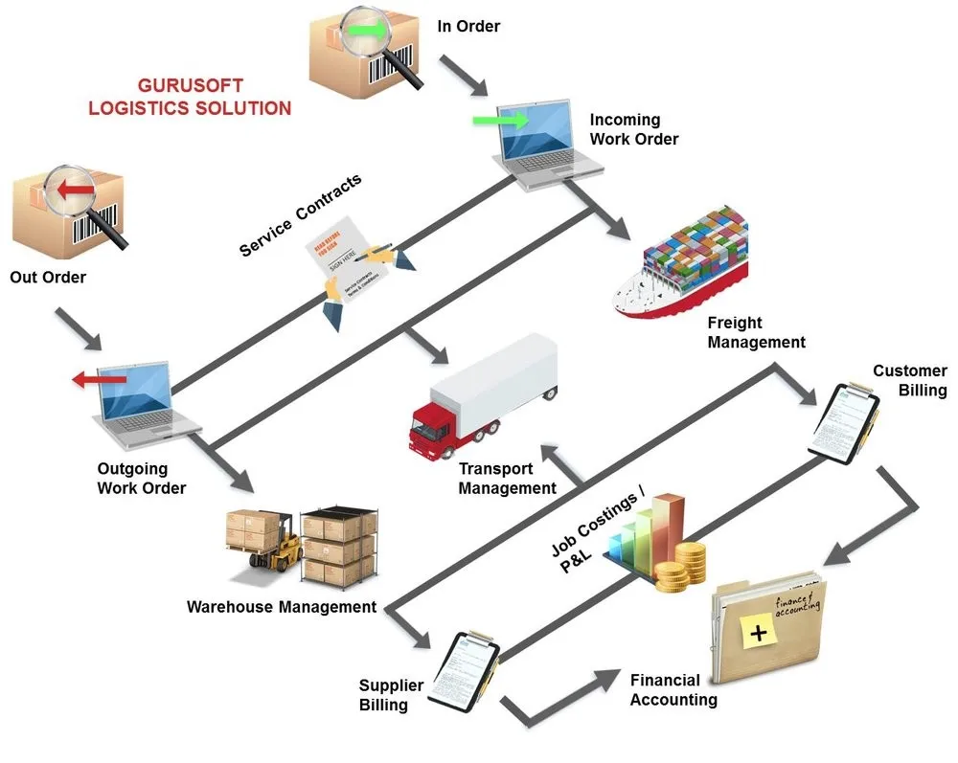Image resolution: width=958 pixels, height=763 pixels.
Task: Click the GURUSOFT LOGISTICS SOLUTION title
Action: pyautogui.click(x=189, y=96)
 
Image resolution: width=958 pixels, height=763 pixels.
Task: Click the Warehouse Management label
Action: pyautogui.click(x=282, y=607)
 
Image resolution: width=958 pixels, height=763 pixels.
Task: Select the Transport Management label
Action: pyautogui.click(x=507, y=479)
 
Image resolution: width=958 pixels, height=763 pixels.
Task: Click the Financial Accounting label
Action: pyautogui.click(x=673, y=690)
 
